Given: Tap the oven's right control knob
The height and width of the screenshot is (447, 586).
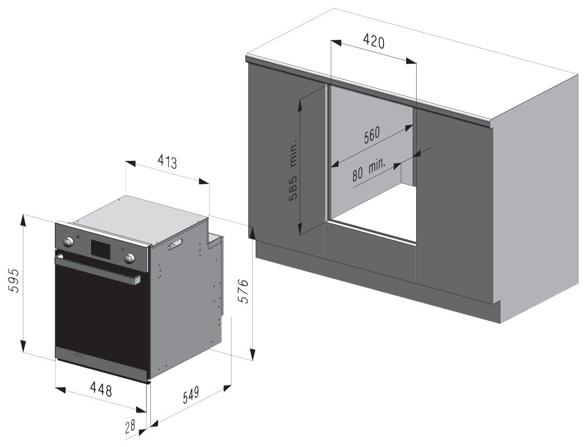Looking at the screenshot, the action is point(130,257).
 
